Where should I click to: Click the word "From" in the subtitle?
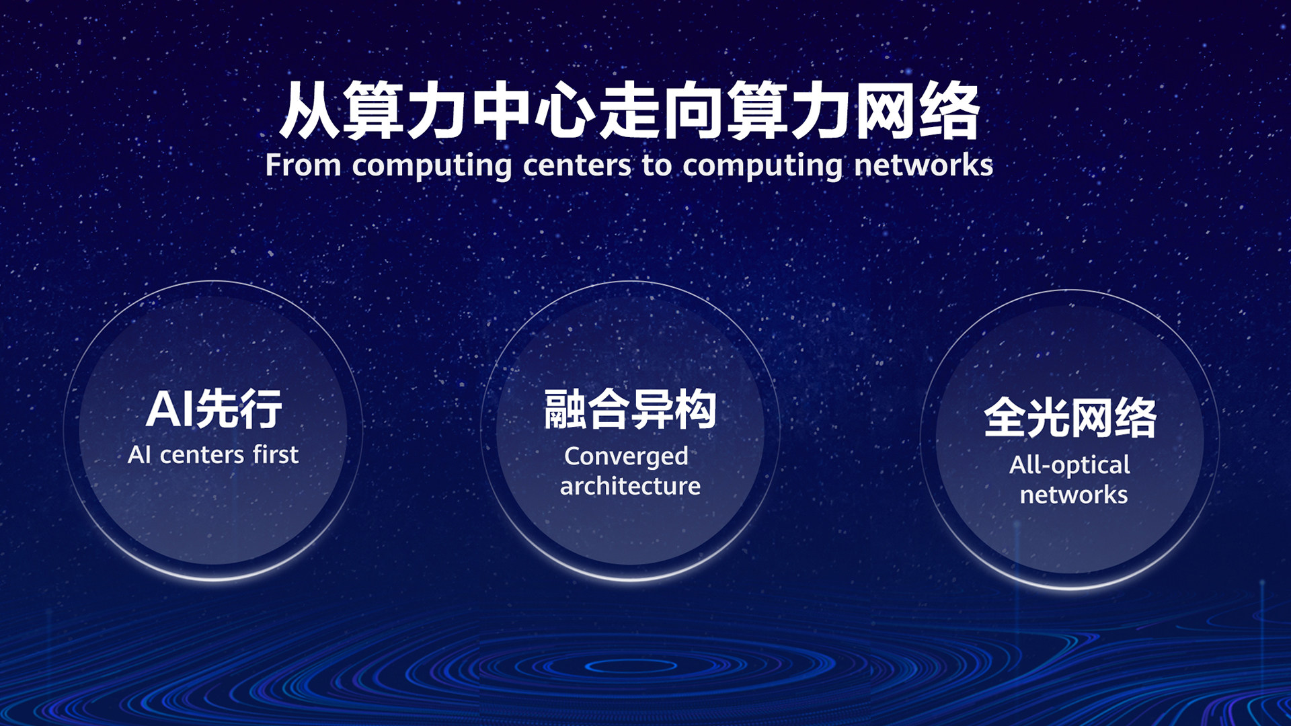tap(303, 165)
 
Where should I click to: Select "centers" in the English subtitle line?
tap(577, 165)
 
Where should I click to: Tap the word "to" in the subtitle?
tap(656, 165)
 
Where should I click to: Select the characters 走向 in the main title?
tap(662, 111)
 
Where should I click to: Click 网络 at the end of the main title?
tap(918, 111)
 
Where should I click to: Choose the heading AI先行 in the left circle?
tap(214, 409)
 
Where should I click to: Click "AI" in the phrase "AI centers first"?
tap(139, 455)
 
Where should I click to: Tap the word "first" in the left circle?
tap(276, 455)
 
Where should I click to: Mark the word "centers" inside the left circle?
tap(202, 456)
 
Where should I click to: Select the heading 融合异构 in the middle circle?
tap(630, 409)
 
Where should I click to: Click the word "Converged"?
tap(626, 457)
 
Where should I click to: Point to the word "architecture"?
tap(630, 486)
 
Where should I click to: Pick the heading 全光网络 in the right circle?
tap(1070, 417)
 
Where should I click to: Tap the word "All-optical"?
tap(1069, 465)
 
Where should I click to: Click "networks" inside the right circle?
tap(1074, 495)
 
